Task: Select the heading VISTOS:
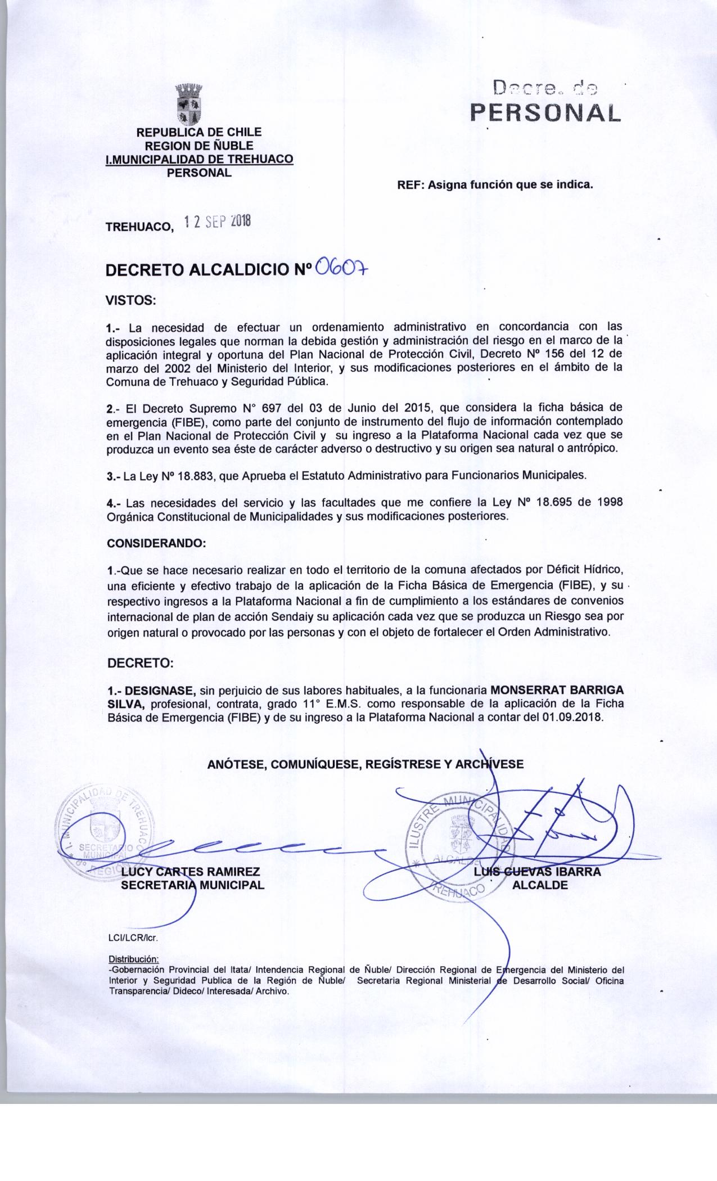click(130, 300)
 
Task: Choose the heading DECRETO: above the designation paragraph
click(140, 663)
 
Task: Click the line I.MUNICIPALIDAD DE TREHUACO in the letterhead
click(200, 159)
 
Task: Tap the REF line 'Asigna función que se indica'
click(495, 184)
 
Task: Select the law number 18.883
click(196, 475)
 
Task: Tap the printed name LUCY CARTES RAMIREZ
click(191, 872)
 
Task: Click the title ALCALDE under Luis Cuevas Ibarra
click(540, 885)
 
